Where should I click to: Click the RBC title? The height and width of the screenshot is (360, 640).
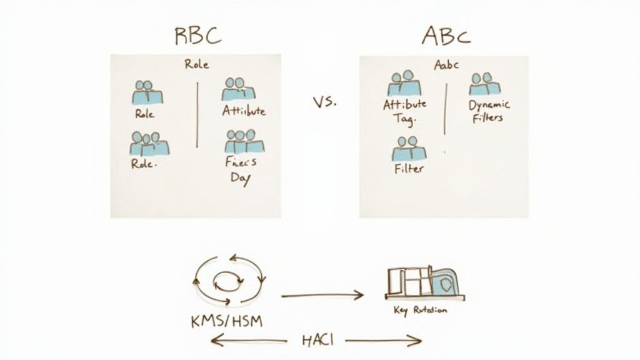[197, 36]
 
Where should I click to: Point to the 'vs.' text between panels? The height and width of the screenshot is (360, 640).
[324, 101]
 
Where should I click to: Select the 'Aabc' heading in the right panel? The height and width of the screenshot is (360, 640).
[446, 64]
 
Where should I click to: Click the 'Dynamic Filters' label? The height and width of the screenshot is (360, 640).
[489, 111]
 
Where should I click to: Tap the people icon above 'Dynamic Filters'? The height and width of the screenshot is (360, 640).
[484, 85]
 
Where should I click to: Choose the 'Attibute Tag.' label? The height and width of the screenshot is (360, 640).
[404, 111]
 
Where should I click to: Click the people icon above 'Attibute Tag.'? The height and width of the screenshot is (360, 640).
[405, 85]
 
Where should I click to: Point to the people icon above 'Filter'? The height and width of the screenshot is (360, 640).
[408, 148]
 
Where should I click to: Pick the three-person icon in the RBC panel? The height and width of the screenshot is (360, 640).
[149, 144]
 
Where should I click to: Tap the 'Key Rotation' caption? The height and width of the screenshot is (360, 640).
[420, 310]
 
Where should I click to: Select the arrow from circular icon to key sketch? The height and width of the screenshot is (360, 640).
[322, 293]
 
